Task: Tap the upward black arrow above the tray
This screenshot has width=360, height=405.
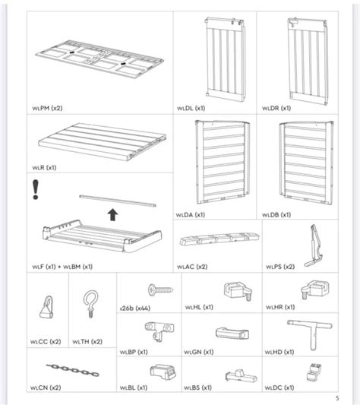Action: [x=112, y=214]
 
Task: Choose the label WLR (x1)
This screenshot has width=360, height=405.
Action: [x=45, y=166]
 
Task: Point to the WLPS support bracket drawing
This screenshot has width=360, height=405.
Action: [x=311, y=245]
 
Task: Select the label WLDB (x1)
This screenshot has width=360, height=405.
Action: [x=278, y=215]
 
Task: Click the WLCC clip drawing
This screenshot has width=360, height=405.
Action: [x=43, y=308]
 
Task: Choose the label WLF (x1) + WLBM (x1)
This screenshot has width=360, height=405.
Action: [x=62, y=267]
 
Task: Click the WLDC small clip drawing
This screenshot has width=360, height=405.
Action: [x=312, y=372]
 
